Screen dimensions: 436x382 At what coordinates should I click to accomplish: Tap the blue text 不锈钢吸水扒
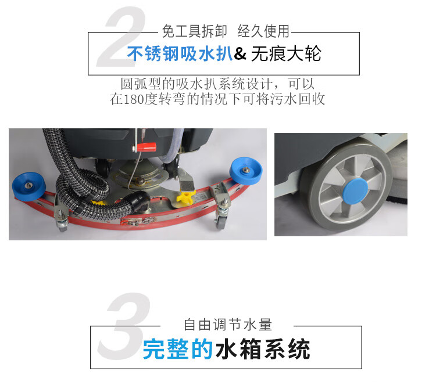coord(180,53)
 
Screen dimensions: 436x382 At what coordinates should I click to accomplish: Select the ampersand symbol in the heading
coord(240,53)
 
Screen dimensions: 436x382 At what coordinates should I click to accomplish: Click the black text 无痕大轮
coord(286,53)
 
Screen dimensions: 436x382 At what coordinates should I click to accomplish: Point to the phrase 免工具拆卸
coord(195,31)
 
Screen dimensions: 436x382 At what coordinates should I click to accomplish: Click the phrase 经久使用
coord(263,31)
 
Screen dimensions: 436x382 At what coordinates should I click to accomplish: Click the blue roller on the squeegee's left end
coord(28,186)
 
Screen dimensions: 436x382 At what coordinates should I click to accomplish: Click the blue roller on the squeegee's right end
coord(246,171)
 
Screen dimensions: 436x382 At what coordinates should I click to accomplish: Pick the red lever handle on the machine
coord(146,146)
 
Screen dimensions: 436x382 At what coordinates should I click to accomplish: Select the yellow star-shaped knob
coord(185,197)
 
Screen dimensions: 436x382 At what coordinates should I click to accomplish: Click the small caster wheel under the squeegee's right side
coord(220,224)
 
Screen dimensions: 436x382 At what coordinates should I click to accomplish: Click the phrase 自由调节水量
coord(228,325)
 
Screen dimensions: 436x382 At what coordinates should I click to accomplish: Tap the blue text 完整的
coord(178,349)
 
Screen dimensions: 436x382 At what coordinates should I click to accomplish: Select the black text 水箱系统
coord(263,349)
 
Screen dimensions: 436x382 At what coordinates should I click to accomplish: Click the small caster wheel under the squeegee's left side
coord(63,226)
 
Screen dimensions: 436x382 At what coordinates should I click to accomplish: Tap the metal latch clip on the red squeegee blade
coord(137,221)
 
